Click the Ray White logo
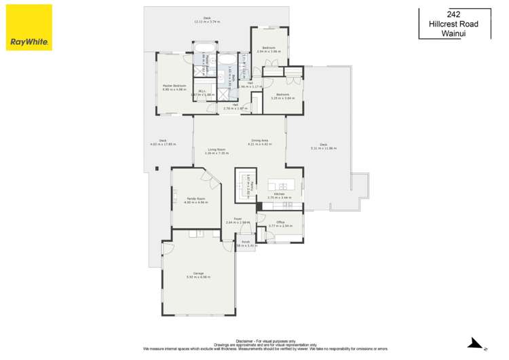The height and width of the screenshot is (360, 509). [29, 27]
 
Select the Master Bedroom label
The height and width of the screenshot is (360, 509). [174, 86]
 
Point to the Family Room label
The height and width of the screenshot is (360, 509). [196, 200]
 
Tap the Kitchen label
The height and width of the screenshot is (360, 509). [278, 195]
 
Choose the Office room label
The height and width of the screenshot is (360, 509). [279, 222]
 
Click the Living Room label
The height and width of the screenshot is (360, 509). [216, 150]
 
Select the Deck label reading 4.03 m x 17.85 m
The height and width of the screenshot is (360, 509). [162, 141]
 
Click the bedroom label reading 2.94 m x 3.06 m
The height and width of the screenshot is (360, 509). [269, 48]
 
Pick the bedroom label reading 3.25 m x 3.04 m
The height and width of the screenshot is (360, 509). [282, 96]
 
